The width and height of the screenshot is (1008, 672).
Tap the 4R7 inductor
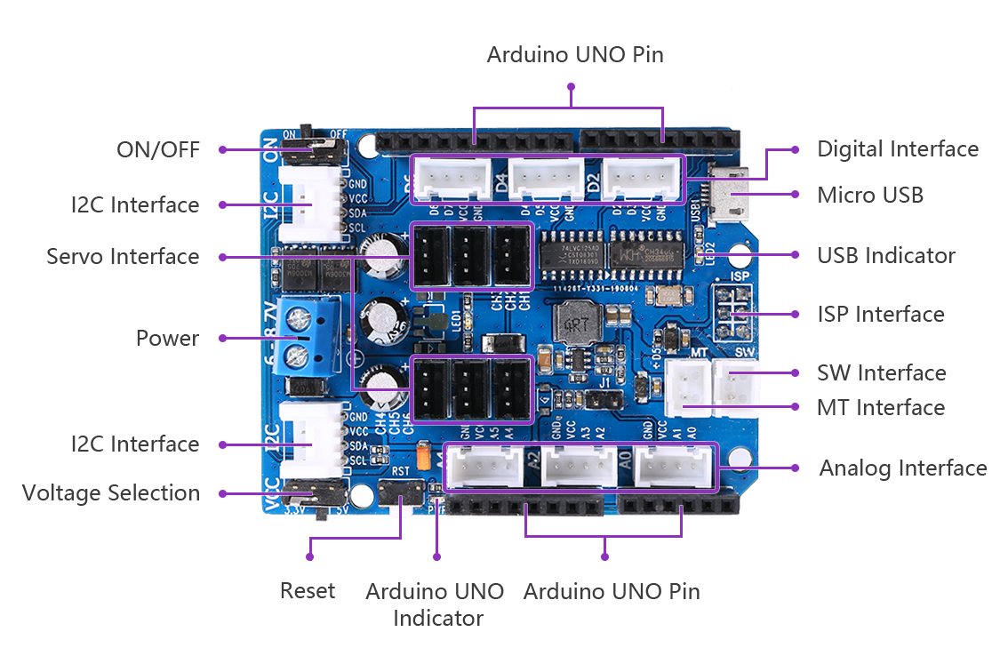coord(575,319)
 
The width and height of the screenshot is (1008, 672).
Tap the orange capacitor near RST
coord(426,457)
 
